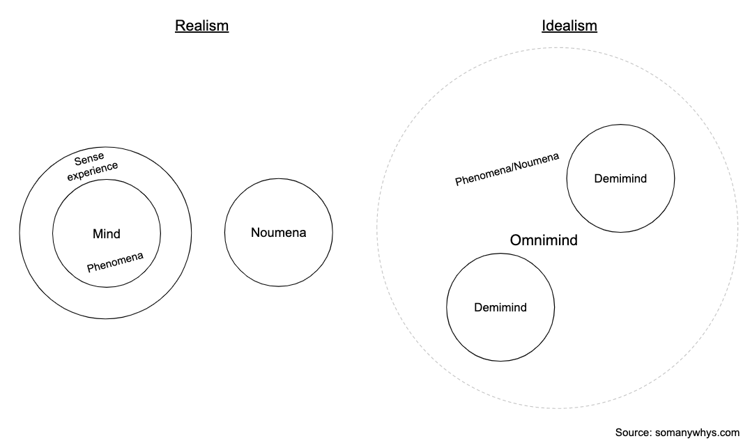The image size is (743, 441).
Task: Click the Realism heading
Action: (201, 26)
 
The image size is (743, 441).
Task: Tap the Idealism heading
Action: (569, 26)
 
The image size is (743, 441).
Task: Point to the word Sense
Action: (89, 160)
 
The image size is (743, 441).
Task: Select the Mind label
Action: (107, 233)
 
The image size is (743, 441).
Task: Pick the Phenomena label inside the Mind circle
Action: (115, 262)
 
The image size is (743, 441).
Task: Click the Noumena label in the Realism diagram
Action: (278, 233)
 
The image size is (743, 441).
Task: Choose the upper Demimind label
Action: (620, 178)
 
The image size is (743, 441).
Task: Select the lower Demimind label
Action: (500, 307)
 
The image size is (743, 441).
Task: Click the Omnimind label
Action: (544, 240)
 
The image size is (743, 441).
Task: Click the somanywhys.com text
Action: (697, 433)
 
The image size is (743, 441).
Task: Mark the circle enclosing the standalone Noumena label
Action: (278, 179)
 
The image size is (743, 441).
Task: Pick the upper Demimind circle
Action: (620, 125)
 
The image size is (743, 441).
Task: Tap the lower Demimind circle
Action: (500, 254)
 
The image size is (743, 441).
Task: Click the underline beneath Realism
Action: (201, 33)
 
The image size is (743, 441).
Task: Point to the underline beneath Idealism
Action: (569, 33)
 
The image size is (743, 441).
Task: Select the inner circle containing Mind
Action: (107, 180)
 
